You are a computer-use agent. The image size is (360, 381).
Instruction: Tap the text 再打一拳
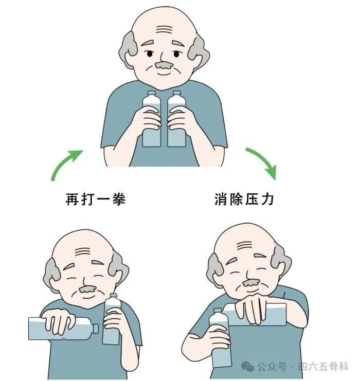96,199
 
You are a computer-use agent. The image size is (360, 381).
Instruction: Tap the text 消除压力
244,199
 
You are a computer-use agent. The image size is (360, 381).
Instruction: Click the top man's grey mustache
165,65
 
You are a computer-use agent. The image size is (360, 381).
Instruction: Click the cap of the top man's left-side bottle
152,93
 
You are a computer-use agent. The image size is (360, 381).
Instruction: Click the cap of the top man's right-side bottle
177,93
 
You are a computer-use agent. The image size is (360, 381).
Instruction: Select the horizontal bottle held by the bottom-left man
63,329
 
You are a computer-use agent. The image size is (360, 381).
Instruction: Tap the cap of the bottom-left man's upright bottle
114,296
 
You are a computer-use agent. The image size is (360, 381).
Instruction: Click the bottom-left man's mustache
87,289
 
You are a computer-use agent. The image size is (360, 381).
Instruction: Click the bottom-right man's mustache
251,283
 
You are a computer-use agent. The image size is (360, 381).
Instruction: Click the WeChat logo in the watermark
248,367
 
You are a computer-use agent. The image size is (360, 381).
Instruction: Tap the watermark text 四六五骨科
323,367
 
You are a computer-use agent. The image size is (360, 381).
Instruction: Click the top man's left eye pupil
149,54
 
